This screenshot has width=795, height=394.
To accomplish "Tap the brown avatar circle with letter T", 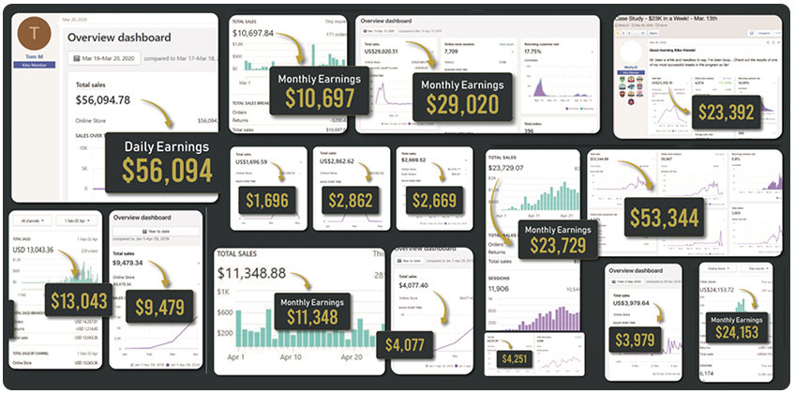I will [36, 35].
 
